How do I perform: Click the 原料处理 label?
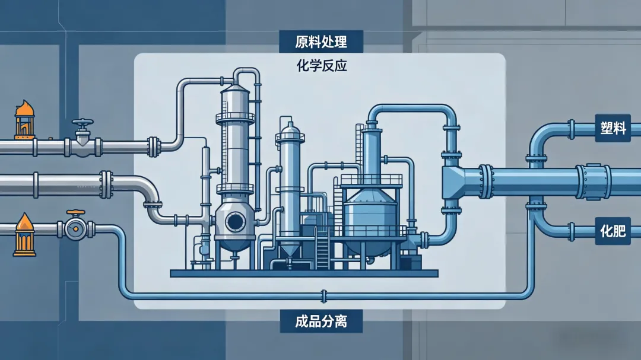(320, 43)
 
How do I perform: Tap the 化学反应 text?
(321, 66)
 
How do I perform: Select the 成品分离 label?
(320, 322)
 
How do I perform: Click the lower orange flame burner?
(24, 235)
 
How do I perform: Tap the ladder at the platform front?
(322, 248)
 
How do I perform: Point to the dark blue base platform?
(303, 273)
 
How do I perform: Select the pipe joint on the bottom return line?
(322, 295)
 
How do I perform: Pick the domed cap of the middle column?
(290, 129)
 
